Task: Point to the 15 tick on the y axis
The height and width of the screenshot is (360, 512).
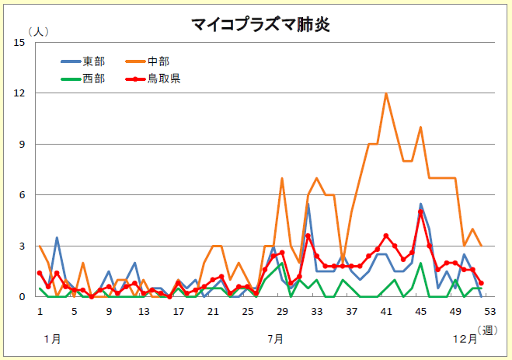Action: pyautogui.click(x=20, y=42)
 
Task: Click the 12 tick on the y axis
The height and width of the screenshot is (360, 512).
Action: pyautogui.click(x=20, y=93)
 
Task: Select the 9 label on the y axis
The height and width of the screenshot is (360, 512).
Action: pyautogui.click(x=23, y=145)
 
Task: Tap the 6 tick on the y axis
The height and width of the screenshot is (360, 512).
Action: pyautogui.click(x=23, y=195)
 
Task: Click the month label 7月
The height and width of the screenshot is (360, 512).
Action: pyautogui.click(x=275, y=339)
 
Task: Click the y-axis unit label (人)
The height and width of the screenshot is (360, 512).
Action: pyautogui.click(x=37, y=31)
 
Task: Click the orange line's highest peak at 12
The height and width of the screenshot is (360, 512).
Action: pyautogui.click(x=386, y=93)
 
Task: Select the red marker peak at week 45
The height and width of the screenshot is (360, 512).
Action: pyautogui.click(x=420, y=211)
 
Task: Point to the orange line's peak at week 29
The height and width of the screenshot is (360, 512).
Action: pyautogui.click(x=282, y=178)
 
